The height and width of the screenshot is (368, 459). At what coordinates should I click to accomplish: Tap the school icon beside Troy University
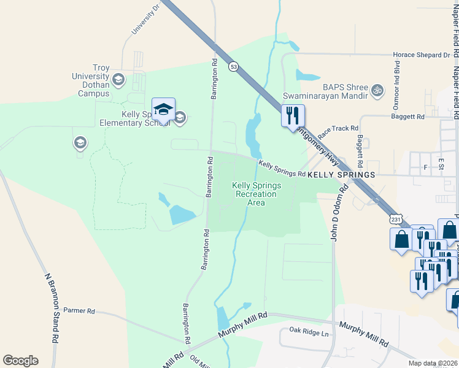[118, 80]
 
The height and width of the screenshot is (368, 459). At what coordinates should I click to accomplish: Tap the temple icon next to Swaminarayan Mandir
[378, 91]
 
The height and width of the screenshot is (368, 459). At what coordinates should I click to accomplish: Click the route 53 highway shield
[233, 66]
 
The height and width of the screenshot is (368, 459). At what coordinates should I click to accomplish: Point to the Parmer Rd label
[79, 311]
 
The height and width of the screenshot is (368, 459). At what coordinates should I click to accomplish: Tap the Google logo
[20, 361]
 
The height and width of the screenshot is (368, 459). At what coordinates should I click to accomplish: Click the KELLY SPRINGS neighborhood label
[341, 175]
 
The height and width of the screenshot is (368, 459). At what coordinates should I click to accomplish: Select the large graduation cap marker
[163, 110]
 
